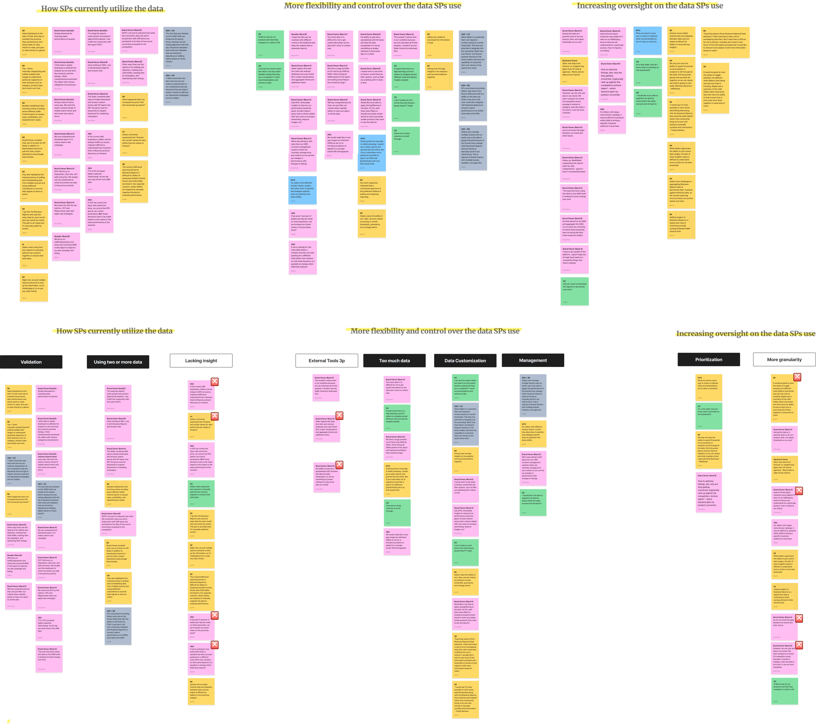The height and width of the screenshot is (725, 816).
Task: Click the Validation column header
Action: pyautogui.click(x=31, y=362)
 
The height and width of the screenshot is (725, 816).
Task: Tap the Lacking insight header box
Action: pyautogui.click(x=201, y=360)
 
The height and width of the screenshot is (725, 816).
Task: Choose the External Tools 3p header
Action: pyautogui.click(x=327, y=360)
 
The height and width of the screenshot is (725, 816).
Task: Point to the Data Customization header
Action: pyautogui.click(x=465, y=360)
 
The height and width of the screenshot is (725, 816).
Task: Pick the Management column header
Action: pyautogui.click(x=532, y=360)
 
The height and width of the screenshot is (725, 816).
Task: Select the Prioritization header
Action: pyautogui.click(x=708, y=359)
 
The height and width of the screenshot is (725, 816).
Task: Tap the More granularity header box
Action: pyautogui.click(x=784, y=359)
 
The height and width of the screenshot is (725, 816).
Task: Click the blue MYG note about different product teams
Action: pyautogui.click(x=303, y=190)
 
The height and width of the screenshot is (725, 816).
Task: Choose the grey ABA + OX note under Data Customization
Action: pyautogui.click(x=465, y=423)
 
